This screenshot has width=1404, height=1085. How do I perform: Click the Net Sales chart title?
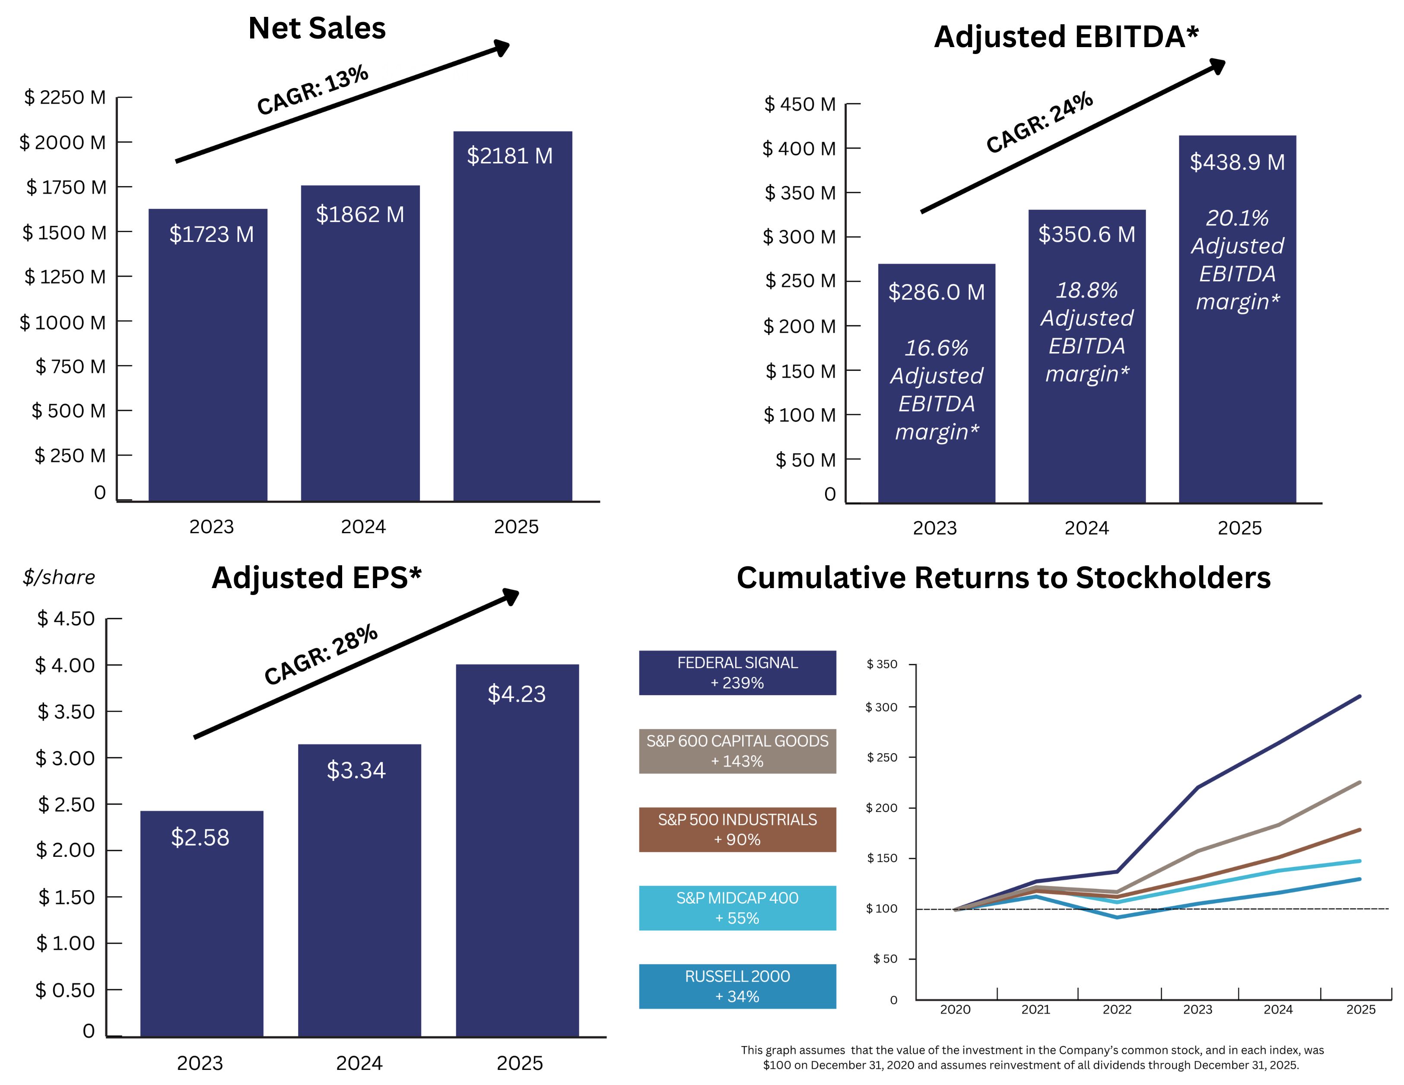click(317, 28)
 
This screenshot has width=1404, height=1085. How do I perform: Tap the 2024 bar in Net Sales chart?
click(360, 360)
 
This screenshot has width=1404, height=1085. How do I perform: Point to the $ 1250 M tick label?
click(65, 277)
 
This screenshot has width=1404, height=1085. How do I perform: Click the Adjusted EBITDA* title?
click(1066, 37)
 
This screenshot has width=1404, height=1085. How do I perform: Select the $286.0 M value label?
click(936, 292)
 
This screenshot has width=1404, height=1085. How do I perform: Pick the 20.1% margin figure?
click(1237, 218)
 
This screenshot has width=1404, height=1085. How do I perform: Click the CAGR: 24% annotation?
click(1039, 122)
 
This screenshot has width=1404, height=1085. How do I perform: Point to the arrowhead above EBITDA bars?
click(1216, 66)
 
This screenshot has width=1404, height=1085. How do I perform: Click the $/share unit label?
click(58, 577)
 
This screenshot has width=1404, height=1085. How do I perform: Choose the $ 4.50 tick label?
click(66, 619)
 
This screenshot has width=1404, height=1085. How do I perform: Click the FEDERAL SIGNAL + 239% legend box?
click(737, 673)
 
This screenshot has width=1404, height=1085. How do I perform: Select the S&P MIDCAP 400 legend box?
click(737, 907)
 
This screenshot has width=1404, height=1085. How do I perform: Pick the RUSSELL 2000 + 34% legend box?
click(737, 986)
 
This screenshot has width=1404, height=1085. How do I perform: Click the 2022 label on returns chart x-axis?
click(1117, 1010)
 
